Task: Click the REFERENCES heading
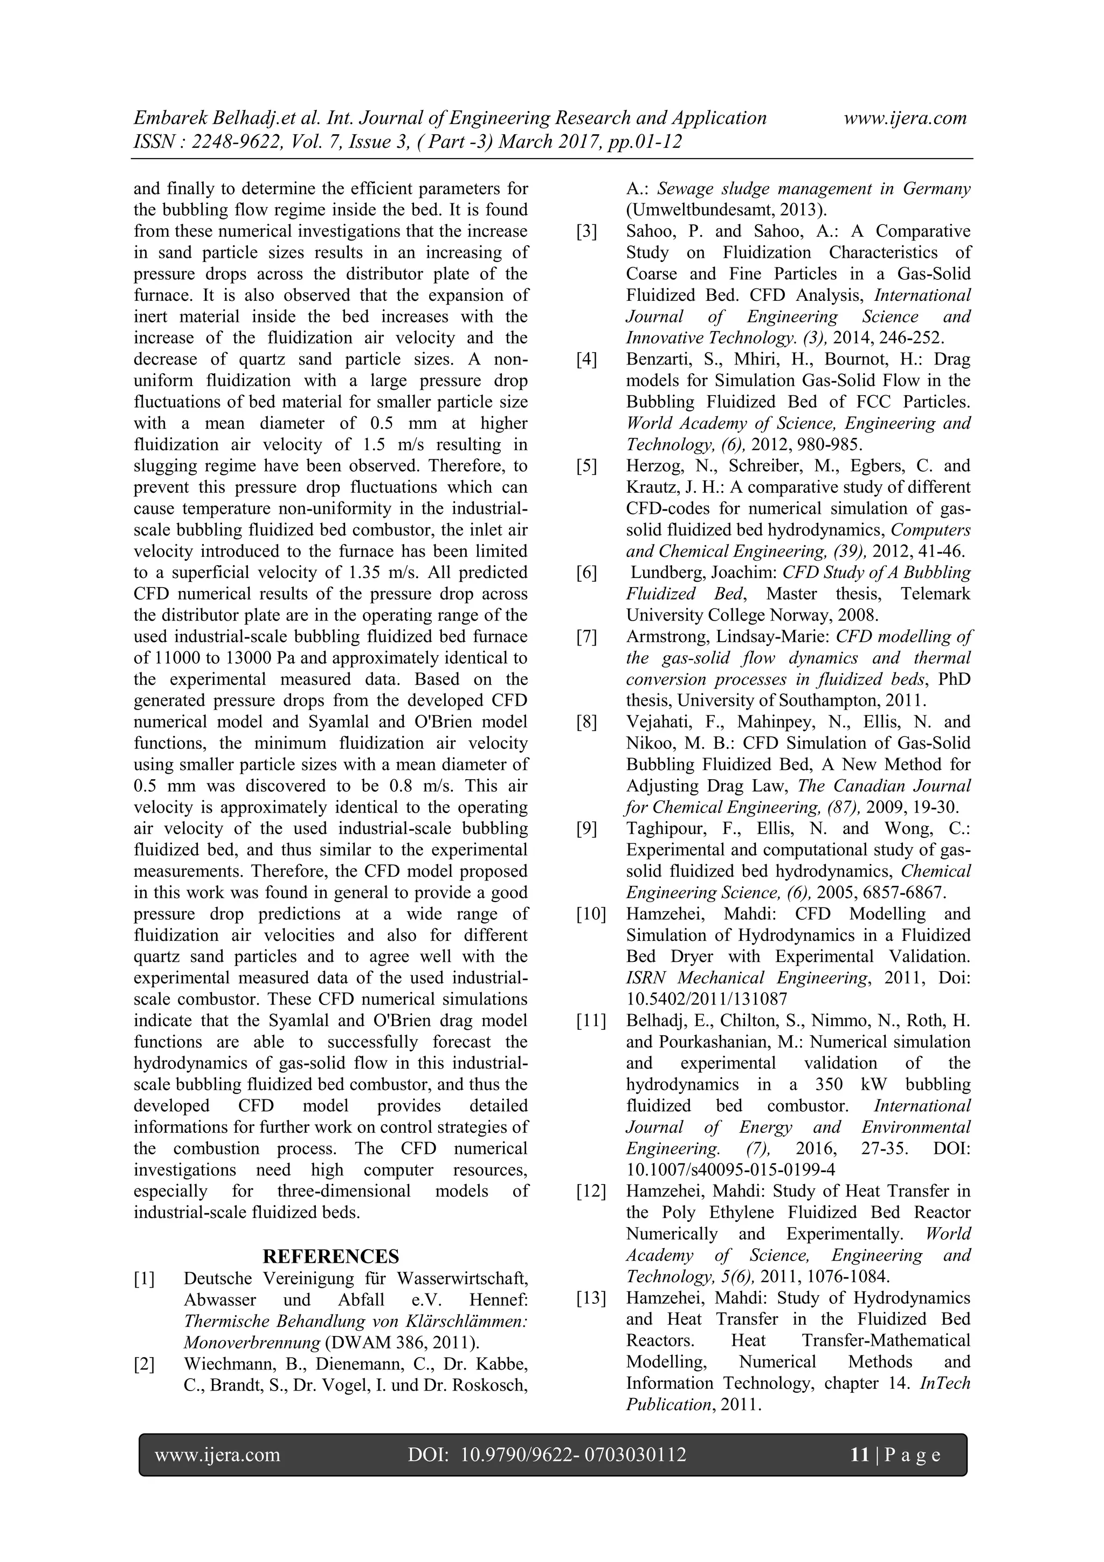(330, 1256)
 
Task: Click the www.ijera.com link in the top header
(905, 119)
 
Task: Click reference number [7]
(586, 637)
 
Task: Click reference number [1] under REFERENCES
(144, 1279)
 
